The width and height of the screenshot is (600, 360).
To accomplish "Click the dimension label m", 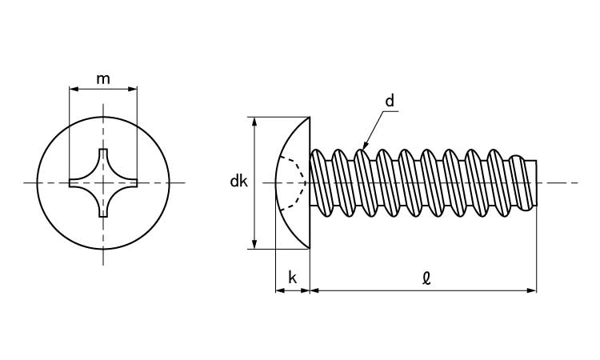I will click(x=103, y=78).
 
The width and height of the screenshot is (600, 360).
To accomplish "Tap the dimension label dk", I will click(x=238, y=182).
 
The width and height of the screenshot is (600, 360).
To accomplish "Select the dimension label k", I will click(x=293, y=278).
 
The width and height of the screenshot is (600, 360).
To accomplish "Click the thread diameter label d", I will click(x=390, y=102).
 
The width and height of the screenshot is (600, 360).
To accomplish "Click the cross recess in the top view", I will click(x=103, y=183).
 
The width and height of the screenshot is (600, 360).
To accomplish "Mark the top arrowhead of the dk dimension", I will click(x=255, y=122).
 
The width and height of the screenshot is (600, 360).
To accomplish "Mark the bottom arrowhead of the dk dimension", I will click(x=255, y=244).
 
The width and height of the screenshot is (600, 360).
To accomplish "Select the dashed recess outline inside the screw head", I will click(x=299, y=182).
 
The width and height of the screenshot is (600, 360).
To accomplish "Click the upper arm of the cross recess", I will click(x=103, y=158).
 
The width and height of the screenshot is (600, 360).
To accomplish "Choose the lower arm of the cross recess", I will click(x=103, y=208).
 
